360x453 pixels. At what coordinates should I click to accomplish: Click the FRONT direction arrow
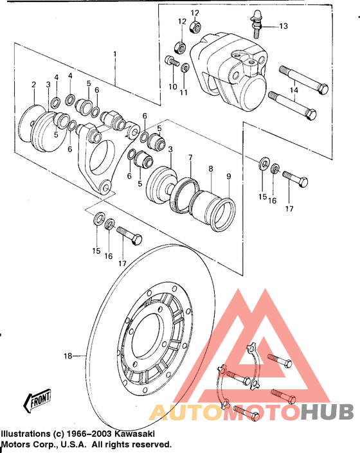click(37, 400)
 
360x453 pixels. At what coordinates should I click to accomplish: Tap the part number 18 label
click(68, 356)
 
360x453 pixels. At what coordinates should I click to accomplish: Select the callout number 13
click(283, 26)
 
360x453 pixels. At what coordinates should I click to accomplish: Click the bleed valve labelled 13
click(256, 24)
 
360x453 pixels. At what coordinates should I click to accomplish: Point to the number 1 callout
click(115, 55)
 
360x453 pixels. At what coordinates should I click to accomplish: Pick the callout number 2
click(34, 85)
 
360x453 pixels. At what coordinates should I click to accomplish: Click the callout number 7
click(190, 157)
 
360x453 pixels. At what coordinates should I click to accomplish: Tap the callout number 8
click(211, 169)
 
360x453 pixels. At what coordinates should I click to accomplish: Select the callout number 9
click(229, 177)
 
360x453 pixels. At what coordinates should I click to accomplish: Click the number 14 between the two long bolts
click(294, 91)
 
